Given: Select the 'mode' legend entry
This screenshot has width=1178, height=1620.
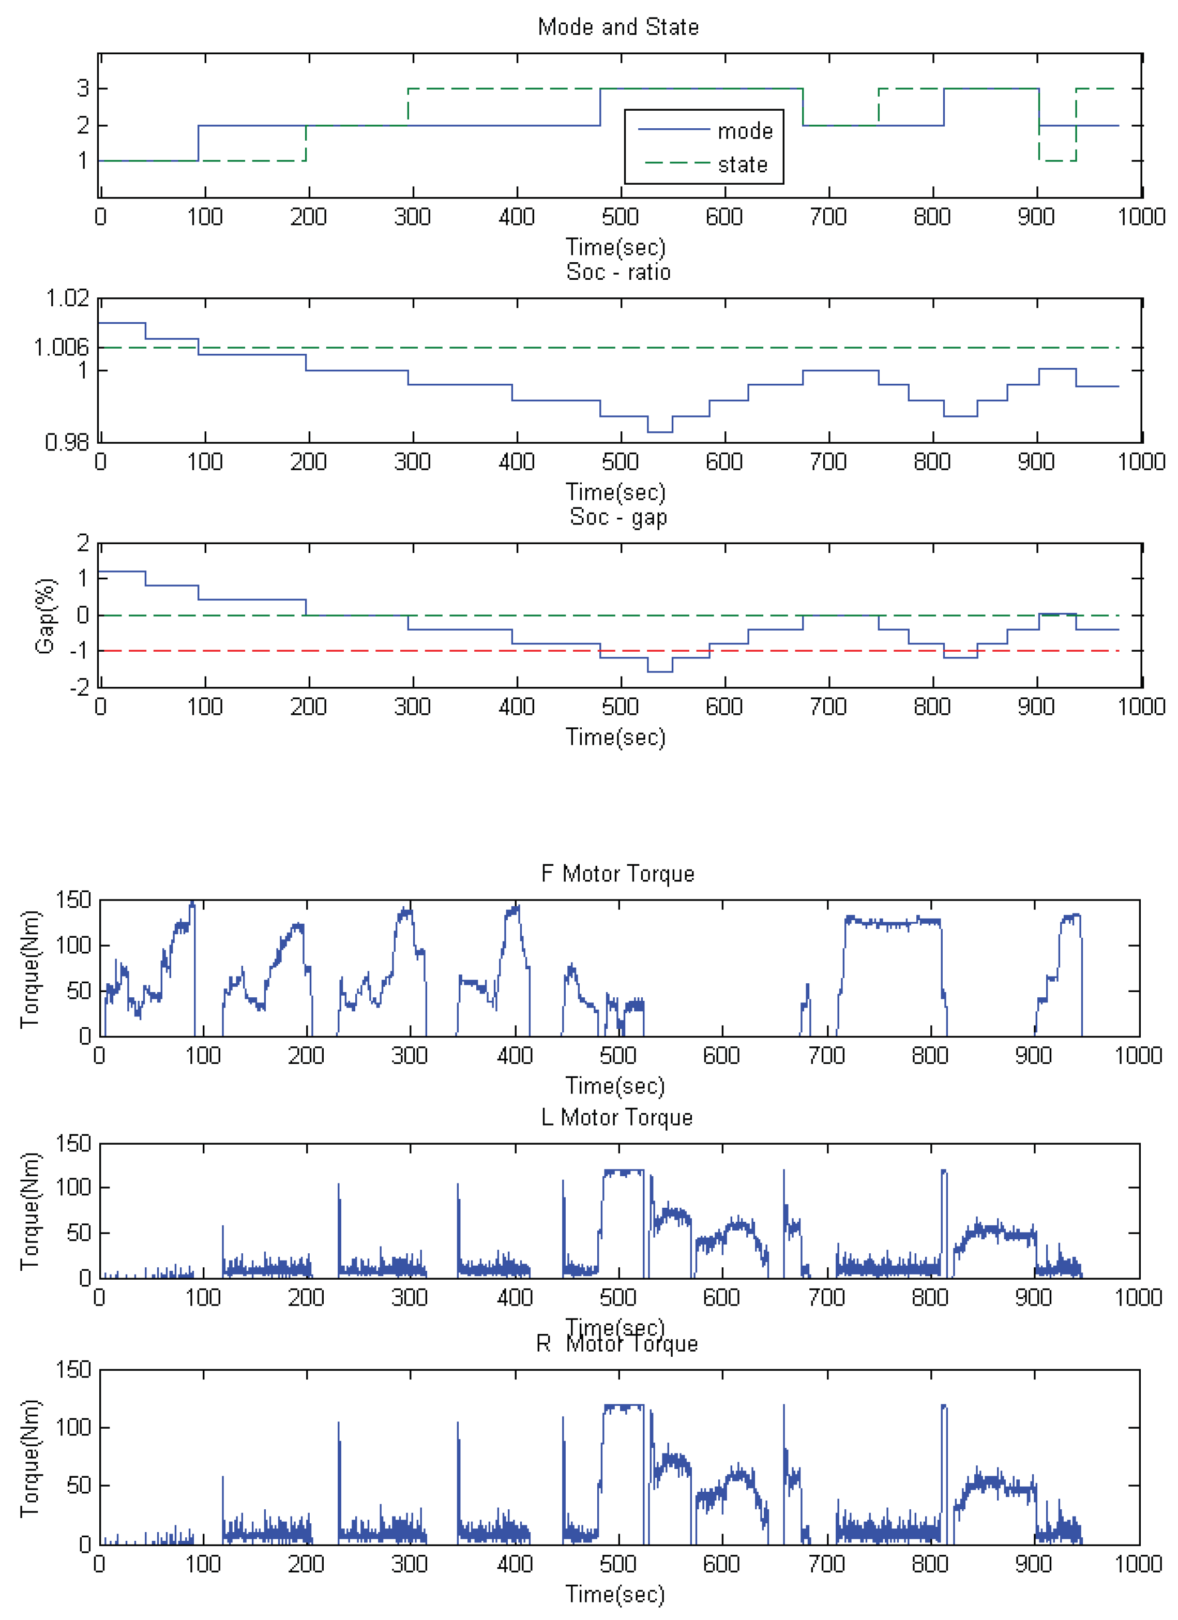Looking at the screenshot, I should [x=745, y=131].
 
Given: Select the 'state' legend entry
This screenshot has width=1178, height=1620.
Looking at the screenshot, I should [x=743, y=165].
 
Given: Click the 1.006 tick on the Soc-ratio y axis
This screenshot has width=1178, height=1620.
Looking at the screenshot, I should [x=62, y=348].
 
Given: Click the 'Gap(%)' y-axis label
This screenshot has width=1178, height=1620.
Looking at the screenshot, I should [x=45, y=616].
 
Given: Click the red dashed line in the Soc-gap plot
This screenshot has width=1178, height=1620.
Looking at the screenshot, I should [x=500, y=651].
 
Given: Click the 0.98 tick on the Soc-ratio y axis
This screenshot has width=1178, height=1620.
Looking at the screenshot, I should [x=67, y=443].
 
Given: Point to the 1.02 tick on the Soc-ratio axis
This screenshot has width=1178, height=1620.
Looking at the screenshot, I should [x=68, y=298].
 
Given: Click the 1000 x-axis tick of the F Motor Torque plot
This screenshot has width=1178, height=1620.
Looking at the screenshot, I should [x=1138, y=1056].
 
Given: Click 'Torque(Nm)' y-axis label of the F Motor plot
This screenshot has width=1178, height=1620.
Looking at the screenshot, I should [x=30, y=969].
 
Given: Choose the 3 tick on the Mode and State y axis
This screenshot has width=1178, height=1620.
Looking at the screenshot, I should [x=83, y=88].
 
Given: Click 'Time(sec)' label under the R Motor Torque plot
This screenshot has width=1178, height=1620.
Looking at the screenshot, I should [x=615, y=1594].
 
